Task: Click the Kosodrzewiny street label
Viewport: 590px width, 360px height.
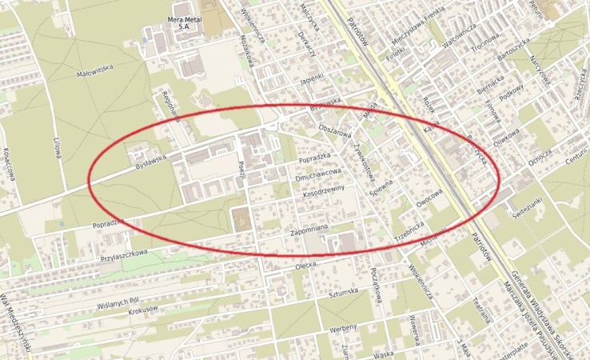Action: [323, 190]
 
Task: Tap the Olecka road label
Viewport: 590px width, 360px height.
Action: [307, 265]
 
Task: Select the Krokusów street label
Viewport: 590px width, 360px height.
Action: [145, 308]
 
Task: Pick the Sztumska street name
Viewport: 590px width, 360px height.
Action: [341, 294]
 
